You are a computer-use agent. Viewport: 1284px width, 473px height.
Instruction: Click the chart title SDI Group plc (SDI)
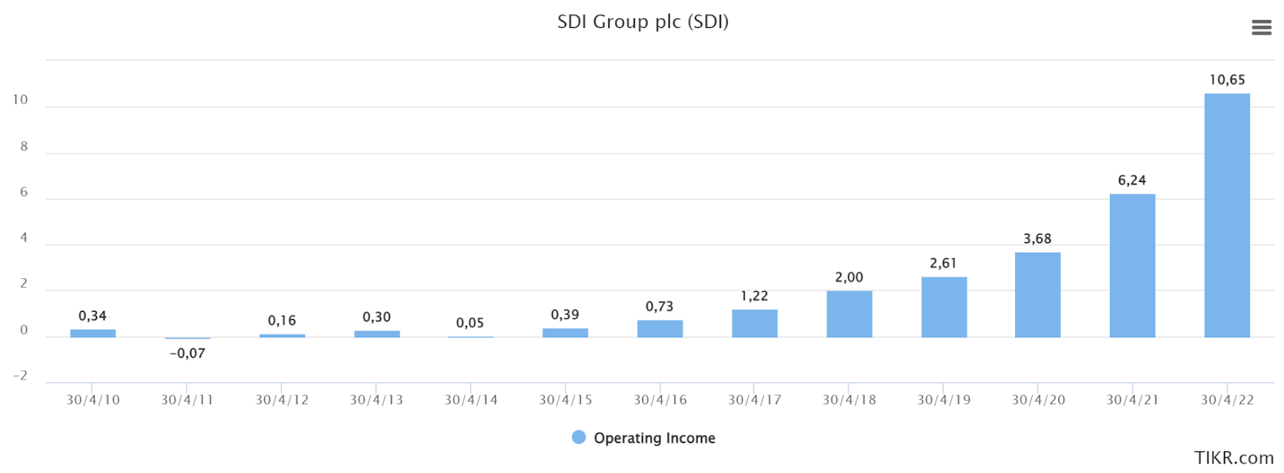(x=643, y=22)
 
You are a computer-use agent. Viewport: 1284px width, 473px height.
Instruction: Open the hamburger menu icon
(x=1262, y=28)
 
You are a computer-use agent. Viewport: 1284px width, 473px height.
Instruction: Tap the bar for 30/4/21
(x=1132, y=265)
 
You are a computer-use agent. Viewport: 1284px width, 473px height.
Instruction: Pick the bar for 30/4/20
(x=1038, y=295)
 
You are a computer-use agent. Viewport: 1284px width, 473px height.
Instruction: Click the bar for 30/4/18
(x=849, y=313)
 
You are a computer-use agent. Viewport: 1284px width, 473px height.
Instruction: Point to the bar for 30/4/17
(x=754, y=323)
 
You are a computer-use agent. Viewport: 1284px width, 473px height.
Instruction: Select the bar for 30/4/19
(x=944, y=307)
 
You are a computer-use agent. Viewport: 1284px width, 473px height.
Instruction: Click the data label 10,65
(x=1227, y=79)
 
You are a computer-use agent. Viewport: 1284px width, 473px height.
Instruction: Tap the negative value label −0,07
(x=187, y=354)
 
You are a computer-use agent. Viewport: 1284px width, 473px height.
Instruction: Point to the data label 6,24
(x=1132, y=180)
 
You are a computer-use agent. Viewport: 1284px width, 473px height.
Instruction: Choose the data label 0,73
(x=660, y=306)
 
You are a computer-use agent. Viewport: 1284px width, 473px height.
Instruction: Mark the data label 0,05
(x=470, y=323)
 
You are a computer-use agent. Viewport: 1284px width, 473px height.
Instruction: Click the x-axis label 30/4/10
(x=93, y=400)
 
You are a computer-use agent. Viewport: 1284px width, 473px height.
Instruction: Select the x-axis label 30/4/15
(x=566, y=400)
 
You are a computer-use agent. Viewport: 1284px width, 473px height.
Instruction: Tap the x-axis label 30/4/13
(x=376, y=400)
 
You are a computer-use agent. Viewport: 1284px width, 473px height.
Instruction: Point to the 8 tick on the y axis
(x=24, y=147)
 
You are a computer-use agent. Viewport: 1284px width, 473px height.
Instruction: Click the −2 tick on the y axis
(x=20, y=376)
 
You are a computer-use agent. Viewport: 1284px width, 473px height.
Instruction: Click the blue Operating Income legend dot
(x=579, y=437)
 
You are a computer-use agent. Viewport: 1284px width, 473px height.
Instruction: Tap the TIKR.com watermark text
(x=1233, y=458)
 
